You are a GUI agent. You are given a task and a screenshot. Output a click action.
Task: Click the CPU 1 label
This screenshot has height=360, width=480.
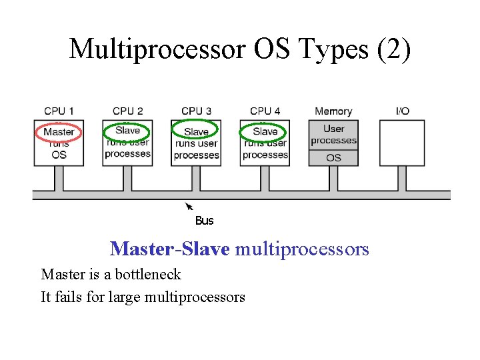click(59, 111)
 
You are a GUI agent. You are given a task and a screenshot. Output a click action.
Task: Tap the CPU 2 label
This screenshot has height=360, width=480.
click(127, 111)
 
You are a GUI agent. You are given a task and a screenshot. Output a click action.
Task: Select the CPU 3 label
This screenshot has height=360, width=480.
click(196, 111)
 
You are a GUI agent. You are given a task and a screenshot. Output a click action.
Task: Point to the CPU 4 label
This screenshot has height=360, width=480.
click(265, 111)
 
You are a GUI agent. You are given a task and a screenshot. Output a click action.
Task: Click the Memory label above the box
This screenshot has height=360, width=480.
click(333, 111)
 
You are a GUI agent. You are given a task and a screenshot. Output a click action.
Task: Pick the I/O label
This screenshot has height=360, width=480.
click(403, 111)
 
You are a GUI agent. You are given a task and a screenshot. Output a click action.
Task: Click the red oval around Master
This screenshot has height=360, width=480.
click(59, 132)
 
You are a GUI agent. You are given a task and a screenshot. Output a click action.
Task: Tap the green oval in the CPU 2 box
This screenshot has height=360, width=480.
click(127, 131)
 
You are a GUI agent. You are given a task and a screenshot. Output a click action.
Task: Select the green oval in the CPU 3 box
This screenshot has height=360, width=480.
click(195, 131)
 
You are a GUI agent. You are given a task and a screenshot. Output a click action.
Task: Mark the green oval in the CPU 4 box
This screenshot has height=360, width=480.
click(265, 131)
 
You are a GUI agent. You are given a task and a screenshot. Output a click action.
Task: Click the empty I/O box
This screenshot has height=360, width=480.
click(402, 143)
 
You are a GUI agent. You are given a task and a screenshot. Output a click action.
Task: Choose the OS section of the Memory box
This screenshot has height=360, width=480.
click(334, 158)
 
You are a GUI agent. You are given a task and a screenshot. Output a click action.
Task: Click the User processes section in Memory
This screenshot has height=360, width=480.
click(334, 135)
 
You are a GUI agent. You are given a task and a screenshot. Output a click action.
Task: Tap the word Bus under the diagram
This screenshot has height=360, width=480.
click(204, 221)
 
